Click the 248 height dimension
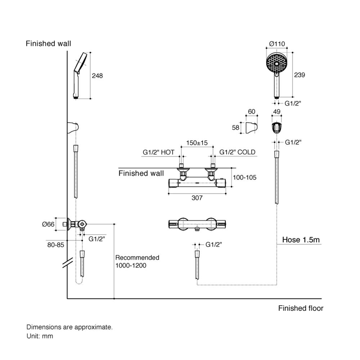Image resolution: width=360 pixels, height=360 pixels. coord(97,76)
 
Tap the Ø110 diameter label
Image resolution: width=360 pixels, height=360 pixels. coord(277,44)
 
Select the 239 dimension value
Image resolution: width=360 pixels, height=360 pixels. coord(300,75)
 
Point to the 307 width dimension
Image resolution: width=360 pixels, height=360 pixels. coord(197,198)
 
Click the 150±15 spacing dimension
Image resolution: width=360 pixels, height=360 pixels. coord(197,143)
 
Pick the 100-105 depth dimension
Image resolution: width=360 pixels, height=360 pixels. coord(245,177)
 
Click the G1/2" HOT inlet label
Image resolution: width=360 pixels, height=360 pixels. coord(158,152)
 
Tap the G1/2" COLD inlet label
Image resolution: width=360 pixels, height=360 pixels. coord(238,152)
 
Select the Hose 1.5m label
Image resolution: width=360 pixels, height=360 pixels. coord(301,239)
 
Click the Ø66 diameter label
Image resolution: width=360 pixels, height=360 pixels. coord(48,224)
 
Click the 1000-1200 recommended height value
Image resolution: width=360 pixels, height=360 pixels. coord(131,265)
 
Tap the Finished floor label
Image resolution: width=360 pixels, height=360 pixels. coord(301,308)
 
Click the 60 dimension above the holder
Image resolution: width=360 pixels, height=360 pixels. coord(252,112)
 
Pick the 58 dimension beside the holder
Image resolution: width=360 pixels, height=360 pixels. coord(236,128)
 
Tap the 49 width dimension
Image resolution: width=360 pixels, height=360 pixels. coord(277,112)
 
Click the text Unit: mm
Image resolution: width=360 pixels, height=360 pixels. coord(40,336)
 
